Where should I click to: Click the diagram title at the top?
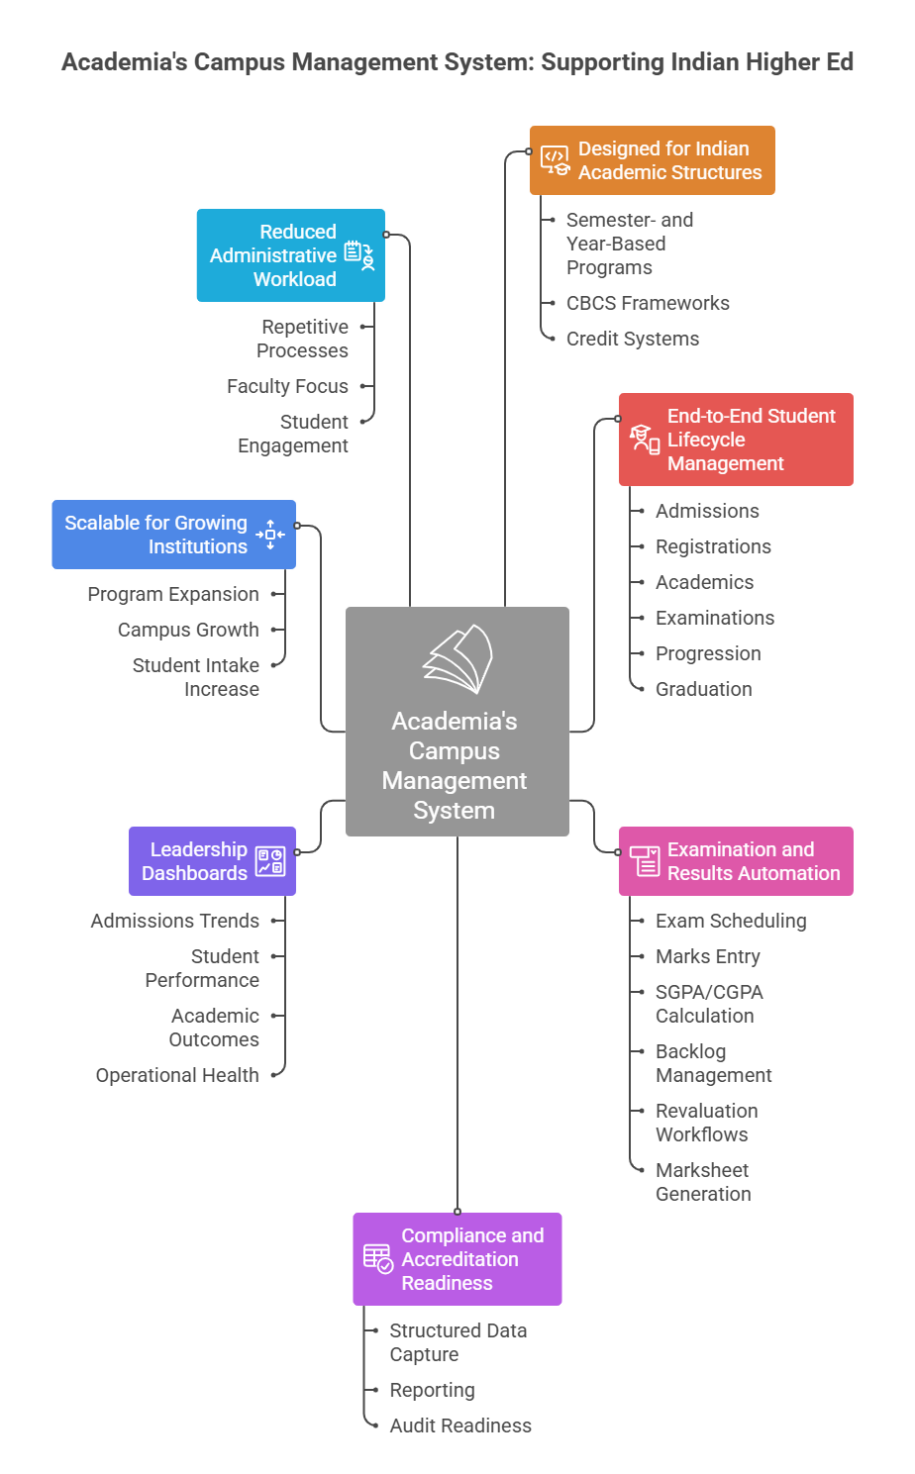pos(457,62)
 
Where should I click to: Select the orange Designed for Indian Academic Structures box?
pos(652,160)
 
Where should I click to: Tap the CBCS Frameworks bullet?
pos(648,303)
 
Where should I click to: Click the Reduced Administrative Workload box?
pos(290,255)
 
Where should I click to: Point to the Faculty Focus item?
pos(287,386)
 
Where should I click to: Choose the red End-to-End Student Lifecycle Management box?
pos(736,440)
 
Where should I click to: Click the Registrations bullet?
pos(713,546)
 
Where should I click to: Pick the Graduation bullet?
pos(703,689)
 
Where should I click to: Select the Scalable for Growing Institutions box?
pos(173,535)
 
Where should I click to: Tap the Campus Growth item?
pos(188,630)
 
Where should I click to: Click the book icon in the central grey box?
pos(457,659)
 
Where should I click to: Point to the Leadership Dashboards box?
pos(212,861)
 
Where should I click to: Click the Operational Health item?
pos(177,1075)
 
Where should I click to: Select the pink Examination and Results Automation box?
pos(736,861)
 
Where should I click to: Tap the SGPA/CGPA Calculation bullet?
pos(709,1004)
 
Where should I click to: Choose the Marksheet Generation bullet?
pos(703,1182)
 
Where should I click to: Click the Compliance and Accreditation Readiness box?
pos(457,1259)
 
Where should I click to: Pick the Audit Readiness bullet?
pos(460,1425)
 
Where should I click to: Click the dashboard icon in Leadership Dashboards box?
pos(269,861)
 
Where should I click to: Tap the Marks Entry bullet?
pos(708,956)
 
